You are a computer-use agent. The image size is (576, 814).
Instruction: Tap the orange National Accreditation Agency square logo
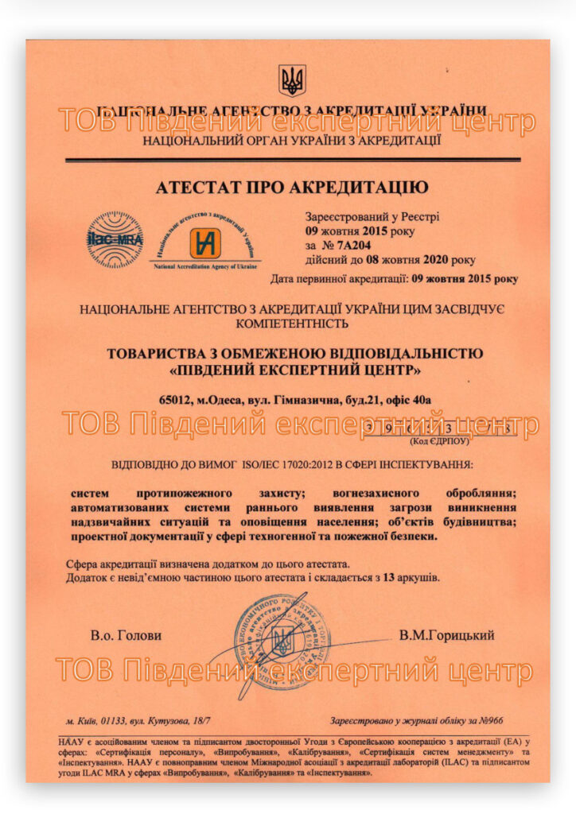pos(205,243)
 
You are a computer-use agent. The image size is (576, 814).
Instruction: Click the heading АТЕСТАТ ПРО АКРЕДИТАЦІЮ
pos(291,188)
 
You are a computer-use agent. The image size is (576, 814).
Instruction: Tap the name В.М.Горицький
pos(446,635)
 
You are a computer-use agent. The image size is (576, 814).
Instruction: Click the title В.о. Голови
pos(126,635)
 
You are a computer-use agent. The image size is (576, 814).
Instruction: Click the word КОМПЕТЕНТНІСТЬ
pos(291,324)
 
